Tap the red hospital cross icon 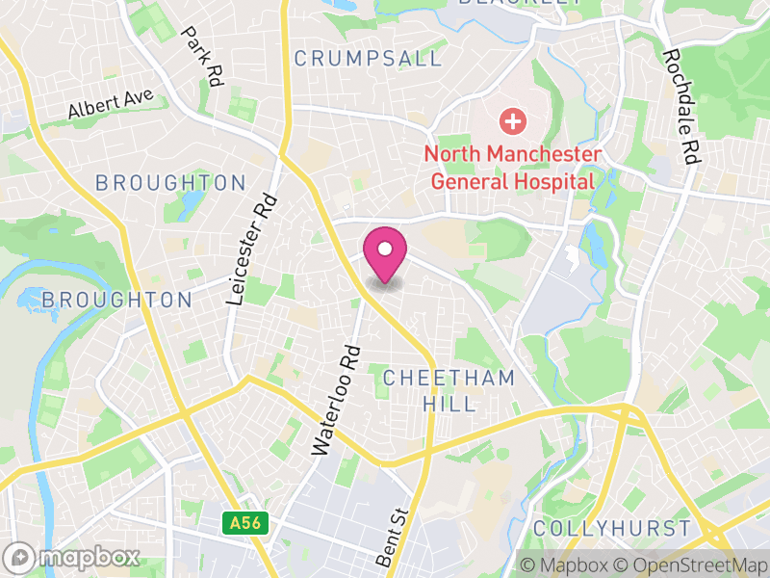[512, 121]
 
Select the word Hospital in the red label [546, 180]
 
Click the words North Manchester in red [513, 154]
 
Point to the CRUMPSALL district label [368, 59]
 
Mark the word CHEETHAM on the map [449, 379]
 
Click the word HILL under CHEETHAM [449, 404]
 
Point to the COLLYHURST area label [611, 529]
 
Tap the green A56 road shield [246, 523]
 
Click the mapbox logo [72, 557]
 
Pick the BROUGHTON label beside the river [116, 300]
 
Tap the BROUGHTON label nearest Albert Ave [170, 183]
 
